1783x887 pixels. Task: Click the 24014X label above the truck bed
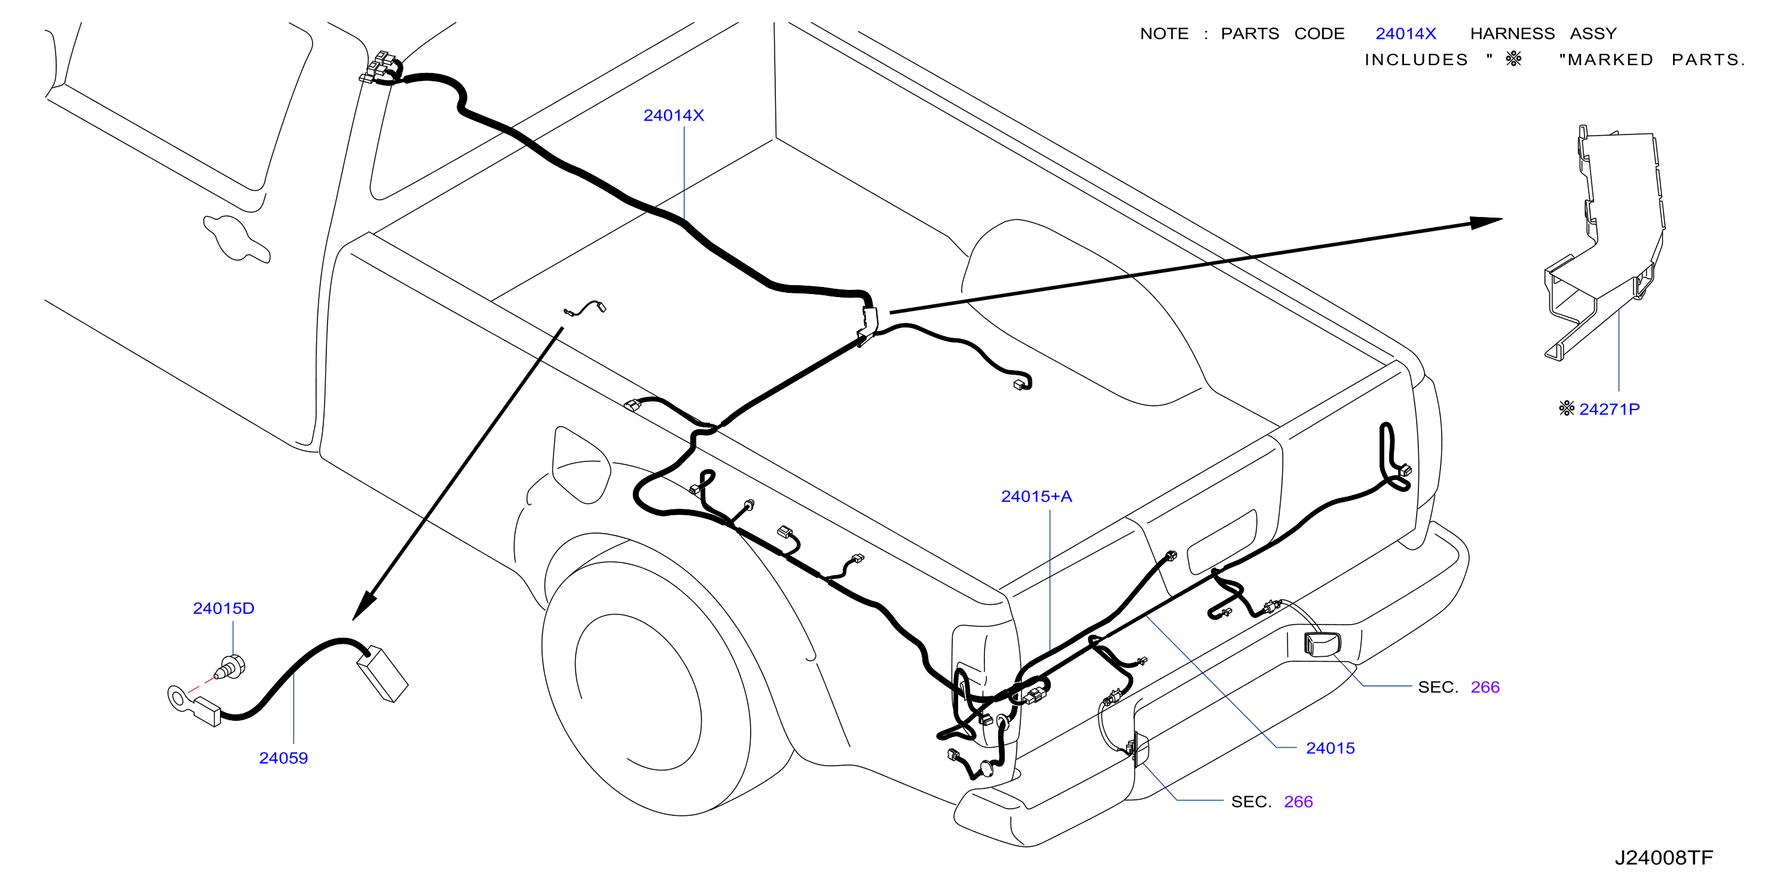point(674,115)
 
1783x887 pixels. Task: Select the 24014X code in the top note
point(1406,34)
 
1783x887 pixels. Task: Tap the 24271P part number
point(1609,409)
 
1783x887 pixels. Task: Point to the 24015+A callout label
point(1036,496)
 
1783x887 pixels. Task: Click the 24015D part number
point(224,608)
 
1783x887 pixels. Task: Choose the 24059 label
point(283,758)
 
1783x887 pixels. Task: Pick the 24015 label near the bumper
point(1331,748)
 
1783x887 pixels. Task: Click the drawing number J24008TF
point(1664,858)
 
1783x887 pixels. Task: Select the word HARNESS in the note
point(1512,34)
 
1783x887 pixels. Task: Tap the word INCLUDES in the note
point(1416,60)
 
